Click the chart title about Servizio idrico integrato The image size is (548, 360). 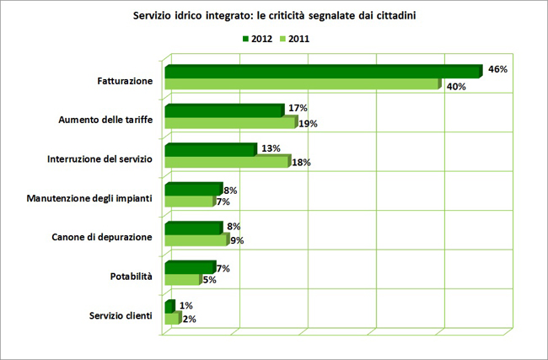pos(275,16)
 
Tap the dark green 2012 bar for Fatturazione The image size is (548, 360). pos(321,72)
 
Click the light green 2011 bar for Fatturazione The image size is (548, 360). pos(302,84)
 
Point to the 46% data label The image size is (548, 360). pos(497,69)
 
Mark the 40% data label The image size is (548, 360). pos(457,86)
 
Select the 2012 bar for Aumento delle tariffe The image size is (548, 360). pos(223,110)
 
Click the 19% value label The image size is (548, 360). pos(308,125)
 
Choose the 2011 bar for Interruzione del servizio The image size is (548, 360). pos(226,162)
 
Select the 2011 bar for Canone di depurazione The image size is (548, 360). pos(196,240)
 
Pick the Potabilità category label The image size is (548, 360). pos(132,276)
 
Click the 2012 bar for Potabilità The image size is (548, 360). pos(190,267)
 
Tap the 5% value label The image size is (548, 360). pos(210,280)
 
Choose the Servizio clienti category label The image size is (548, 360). pos(121,315)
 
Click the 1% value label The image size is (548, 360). pos(186,305)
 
